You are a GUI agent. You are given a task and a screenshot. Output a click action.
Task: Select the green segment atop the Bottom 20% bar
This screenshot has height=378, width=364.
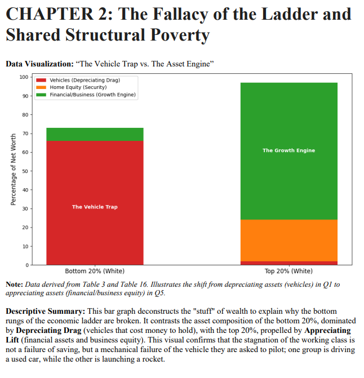[95, 134]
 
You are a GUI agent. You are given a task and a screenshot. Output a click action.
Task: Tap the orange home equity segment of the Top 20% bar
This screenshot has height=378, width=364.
[288, 241]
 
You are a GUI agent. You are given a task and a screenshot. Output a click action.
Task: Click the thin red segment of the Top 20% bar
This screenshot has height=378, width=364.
[288, 263]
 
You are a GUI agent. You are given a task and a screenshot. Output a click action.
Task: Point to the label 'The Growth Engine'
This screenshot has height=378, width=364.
[288, 150]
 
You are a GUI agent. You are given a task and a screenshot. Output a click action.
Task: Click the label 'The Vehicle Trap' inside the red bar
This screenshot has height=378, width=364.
[95, 207]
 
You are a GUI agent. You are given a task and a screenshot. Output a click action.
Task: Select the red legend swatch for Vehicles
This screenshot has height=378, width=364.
[42, 81]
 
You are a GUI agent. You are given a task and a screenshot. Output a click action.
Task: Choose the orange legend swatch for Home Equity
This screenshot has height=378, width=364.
[42, 87]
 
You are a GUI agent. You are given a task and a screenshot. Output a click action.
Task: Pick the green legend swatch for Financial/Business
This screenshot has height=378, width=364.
[42, 95]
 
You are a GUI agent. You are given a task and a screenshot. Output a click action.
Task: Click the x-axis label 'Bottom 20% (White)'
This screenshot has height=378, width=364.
[95, 271]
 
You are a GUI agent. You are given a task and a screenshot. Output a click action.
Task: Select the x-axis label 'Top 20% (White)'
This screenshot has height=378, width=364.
[288, 271]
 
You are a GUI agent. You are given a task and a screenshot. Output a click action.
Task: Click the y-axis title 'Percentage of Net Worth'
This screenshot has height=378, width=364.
[13, 170]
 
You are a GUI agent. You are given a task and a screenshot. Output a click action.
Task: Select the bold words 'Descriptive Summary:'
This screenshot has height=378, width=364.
[45, 311]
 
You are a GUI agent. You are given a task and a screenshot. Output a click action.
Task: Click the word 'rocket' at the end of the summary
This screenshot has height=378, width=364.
[152, 361]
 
